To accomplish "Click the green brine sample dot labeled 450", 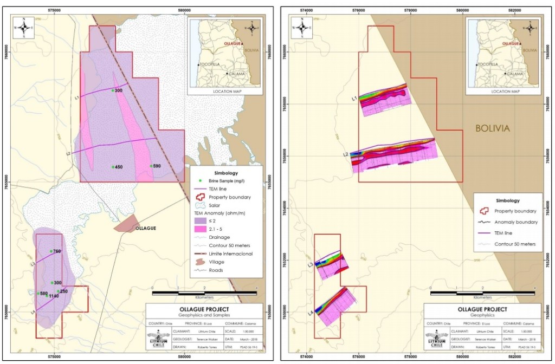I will pyautogui.click(x=113, y=167).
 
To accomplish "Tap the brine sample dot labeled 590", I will pyautogui.click(x=151, y=166).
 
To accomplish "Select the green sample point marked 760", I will pyautogui.click(x=51, y=251).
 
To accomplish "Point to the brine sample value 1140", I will pyautogui.click(x=53, y=296).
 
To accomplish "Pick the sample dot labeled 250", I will pyautogui.click(x=58, y=291).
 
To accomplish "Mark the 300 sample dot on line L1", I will pyautogui.click(x=113, y=90).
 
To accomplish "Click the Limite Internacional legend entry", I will pyautogui.click(x=228, y=253).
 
